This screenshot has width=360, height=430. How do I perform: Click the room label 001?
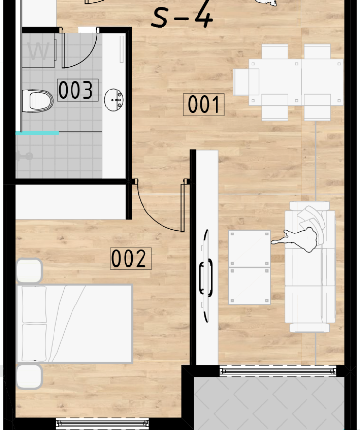204,105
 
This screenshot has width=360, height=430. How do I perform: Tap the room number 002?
131,259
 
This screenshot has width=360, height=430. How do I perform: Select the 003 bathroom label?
78,90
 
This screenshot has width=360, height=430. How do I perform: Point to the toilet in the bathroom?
37,101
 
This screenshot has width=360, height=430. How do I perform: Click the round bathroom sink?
113,100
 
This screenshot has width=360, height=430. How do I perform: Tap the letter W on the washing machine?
38,51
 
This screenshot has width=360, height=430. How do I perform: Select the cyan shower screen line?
37,133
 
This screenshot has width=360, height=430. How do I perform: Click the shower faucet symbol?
24,156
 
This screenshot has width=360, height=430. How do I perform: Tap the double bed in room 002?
74,324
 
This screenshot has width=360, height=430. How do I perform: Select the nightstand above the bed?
29,270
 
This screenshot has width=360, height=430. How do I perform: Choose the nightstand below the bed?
29,377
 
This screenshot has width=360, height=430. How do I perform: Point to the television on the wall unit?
206,276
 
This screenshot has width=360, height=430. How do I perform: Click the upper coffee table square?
249,249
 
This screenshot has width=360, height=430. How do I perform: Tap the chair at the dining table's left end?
246,82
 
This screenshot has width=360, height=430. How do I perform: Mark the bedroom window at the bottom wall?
103,423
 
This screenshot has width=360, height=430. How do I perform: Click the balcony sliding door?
278,371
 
